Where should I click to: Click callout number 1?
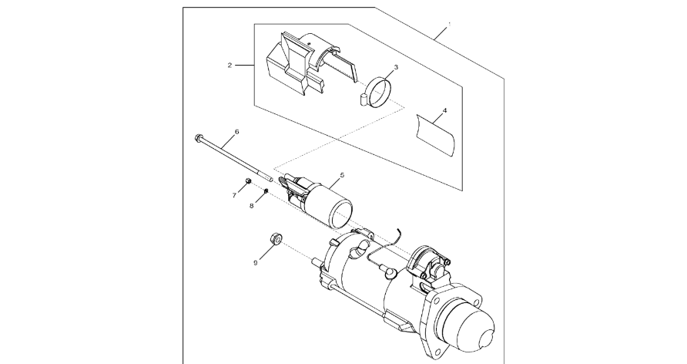449,25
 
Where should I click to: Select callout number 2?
230,66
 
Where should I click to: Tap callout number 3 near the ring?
396,67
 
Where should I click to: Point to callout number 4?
444,110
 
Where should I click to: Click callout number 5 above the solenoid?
342,175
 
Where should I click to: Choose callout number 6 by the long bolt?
237,132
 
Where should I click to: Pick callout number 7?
234,196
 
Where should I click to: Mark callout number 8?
252,206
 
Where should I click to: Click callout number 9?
255,263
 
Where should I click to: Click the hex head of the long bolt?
198,138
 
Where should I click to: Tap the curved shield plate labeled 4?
436,135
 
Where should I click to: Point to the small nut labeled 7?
247,180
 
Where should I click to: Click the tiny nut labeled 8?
266,190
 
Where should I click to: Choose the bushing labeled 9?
276,239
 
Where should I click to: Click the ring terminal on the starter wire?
388,274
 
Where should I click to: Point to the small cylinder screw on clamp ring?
363,99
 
